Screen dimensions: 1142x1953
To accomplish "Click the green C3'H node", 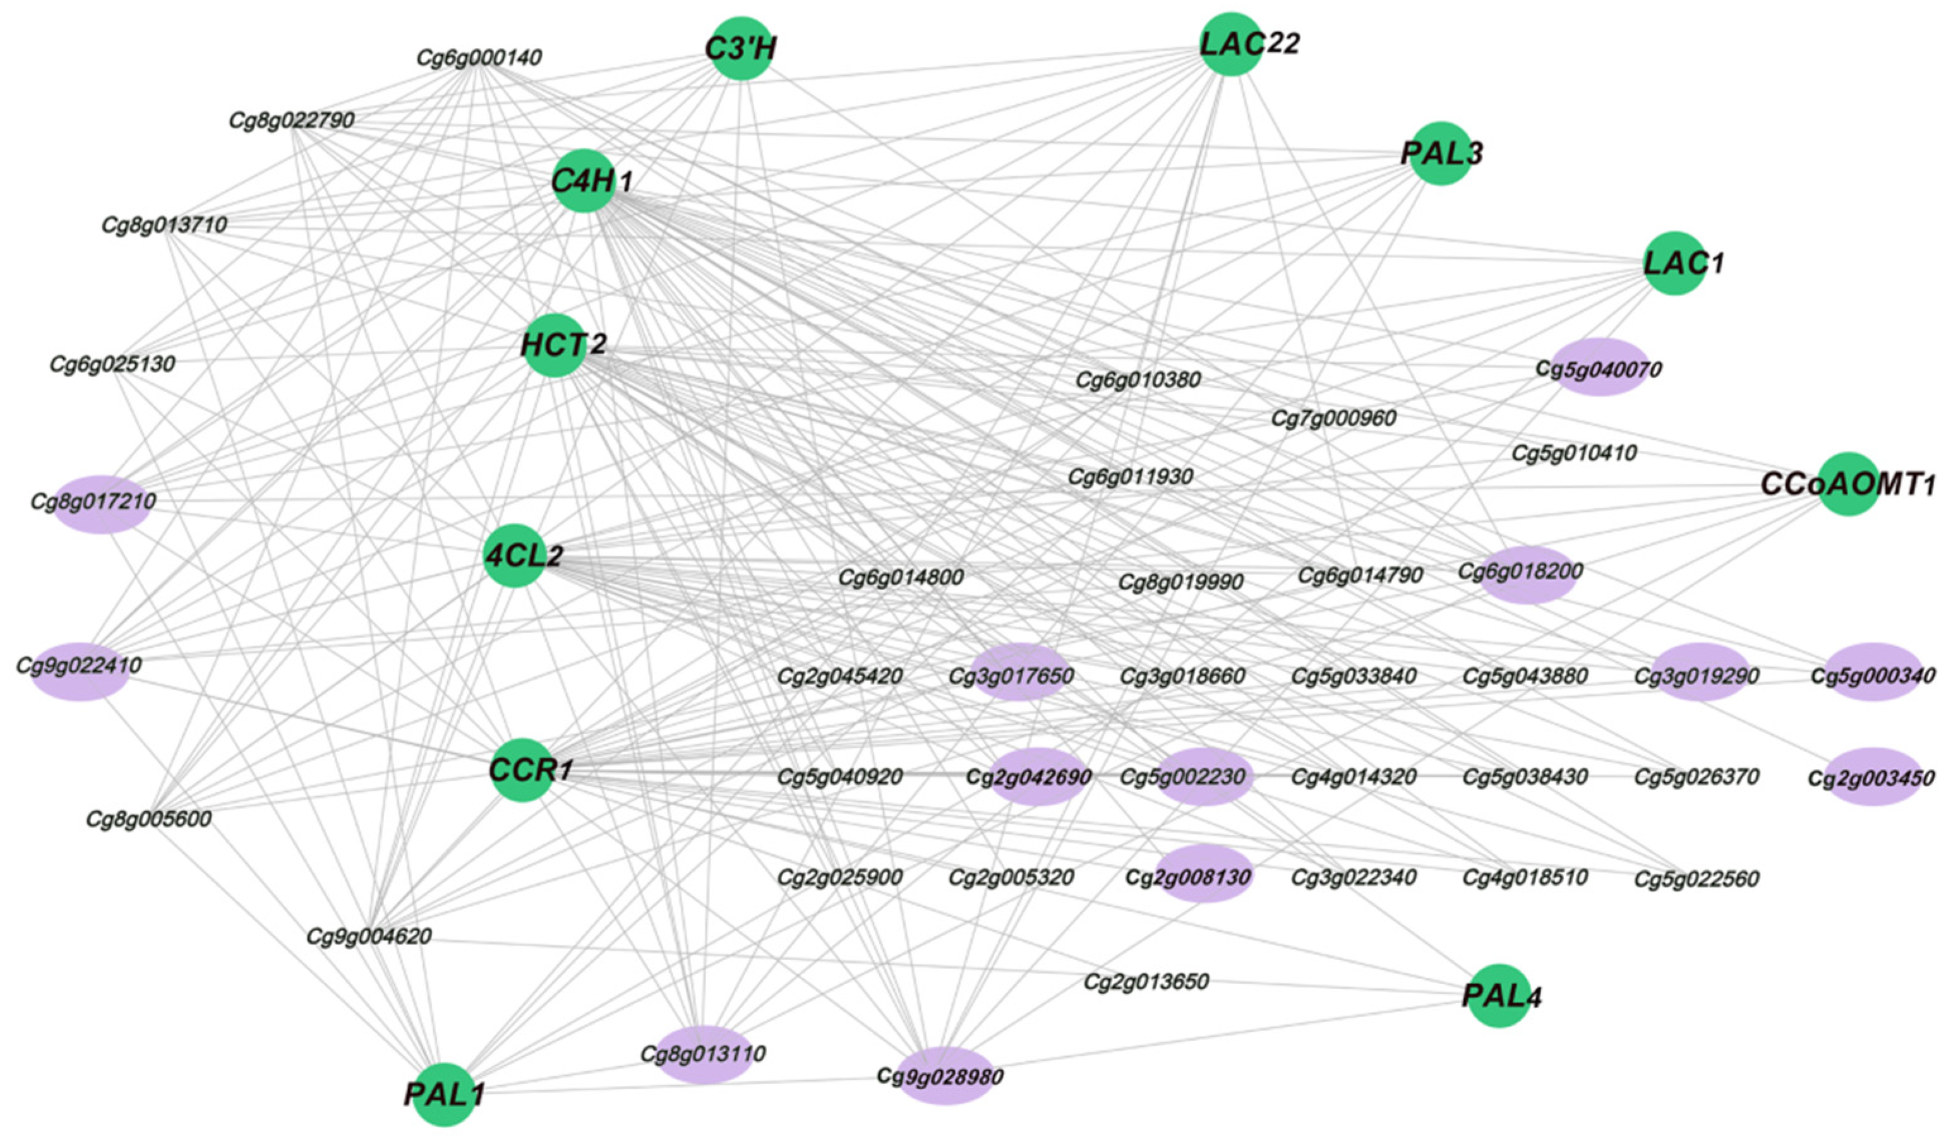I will coord(742,48).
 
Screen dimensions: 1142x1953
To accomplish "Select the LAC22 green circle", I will coord(1230,44).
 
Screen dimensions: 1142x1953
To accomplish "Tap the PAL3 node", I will coord(1441,153).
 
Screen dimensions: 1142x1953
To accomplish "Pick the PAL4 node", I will coord(1499,996).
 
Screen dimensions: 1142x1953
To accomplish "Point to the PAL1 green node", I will coord(444,1094).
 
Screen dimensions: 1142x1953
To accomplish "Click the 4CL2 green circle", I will coord(515,556).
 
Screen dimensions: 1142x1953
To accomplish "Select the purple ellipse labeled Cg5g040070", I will coord(1599,368).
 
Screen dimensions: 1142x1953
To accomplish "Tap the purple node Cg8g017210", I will coord(101,504).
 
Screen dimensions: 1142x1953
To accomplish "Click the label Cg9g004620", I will coord(369,937).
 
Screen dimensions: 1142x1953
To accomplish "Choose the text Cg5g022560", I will coord(1697,879).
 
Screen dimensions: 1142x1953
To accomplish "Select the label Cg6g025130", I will coord(112,364).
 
